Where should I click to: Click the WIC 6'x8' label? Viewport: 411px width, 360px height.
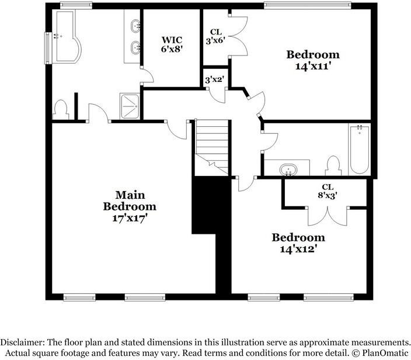click(x=172, y=44)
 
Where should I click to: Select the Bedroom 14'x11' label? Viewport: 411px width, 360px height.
click(x=312, y=60)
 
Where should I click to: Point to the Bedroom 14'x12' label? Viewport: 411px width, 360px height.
click(x=298, y=243)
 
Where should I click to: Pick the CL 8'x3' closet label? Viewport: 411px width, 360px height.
click(x=327, y=191)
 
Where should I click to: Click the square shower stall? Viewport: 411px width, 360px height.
click(x=130, y=104)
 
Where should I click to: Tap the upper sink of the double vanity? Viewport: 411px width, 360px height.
click(x=135, y=26)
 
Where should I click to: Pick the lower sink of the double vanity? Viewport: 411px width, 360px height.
click(x=135, y=48)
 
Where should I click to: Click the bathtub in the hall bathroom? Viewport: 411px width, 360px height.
click(x=359, y=150)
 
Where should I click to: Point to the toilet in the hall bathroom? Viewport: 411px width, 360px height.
click(x=334, y=166)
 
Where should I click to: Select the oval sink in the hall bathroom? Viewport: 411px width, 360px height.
click(x=288, y=170)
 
